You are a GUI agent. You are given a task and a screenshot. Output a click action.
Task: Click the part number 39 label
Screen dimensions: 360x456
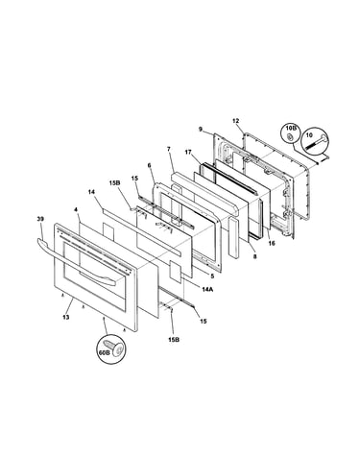click(x=40, y=219)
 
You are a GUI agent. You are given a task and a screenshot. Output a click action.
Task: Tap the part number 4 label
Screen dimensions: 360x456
click(x=76, y=210)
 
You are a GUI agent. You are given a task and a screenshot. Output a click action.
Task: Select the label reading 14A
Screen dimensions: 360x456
click(x=207, y=289)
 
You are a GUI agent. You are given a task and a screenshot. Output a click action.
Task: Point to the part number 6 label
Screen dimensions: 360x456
click(x=149, y=165)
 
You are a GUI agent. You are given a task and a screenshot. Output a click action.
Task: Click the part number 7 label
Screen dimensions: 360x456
click(x=169, y=149)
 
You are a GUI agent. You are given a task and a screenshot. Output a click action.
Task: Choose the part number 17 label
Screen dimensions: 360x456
click(x=188, y=153)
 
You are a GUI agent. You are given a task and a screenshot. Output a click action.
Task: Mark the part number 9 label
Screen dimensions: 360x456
click(x=201, y=130)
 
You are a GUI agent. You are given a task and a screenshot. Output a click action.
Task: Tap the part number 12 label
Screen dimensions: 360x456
click(x=235, y=121)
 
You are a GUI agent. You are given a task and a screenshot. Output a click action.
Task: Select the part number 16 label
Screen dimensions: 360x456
click(x=272, y=244)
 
